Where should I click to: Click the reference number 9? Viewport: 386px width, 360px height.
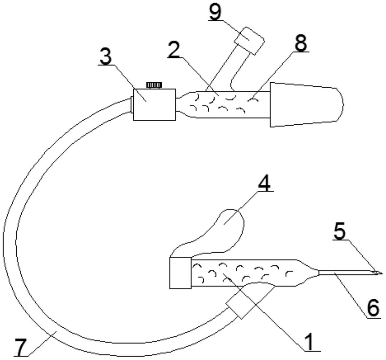point(215,12)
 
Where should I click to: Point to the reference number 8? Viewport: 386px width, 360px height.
point(301,44)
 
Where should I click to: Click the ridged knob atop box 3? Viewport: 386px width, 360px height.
point(154,85)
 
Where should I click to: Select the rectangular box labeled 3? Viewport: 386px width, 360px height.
point(154,105)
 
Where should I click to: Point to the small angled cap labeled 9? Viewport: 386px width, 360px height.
point(249,41)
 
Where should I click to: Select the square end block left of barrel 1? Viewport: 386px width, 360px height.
point(180,273)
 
